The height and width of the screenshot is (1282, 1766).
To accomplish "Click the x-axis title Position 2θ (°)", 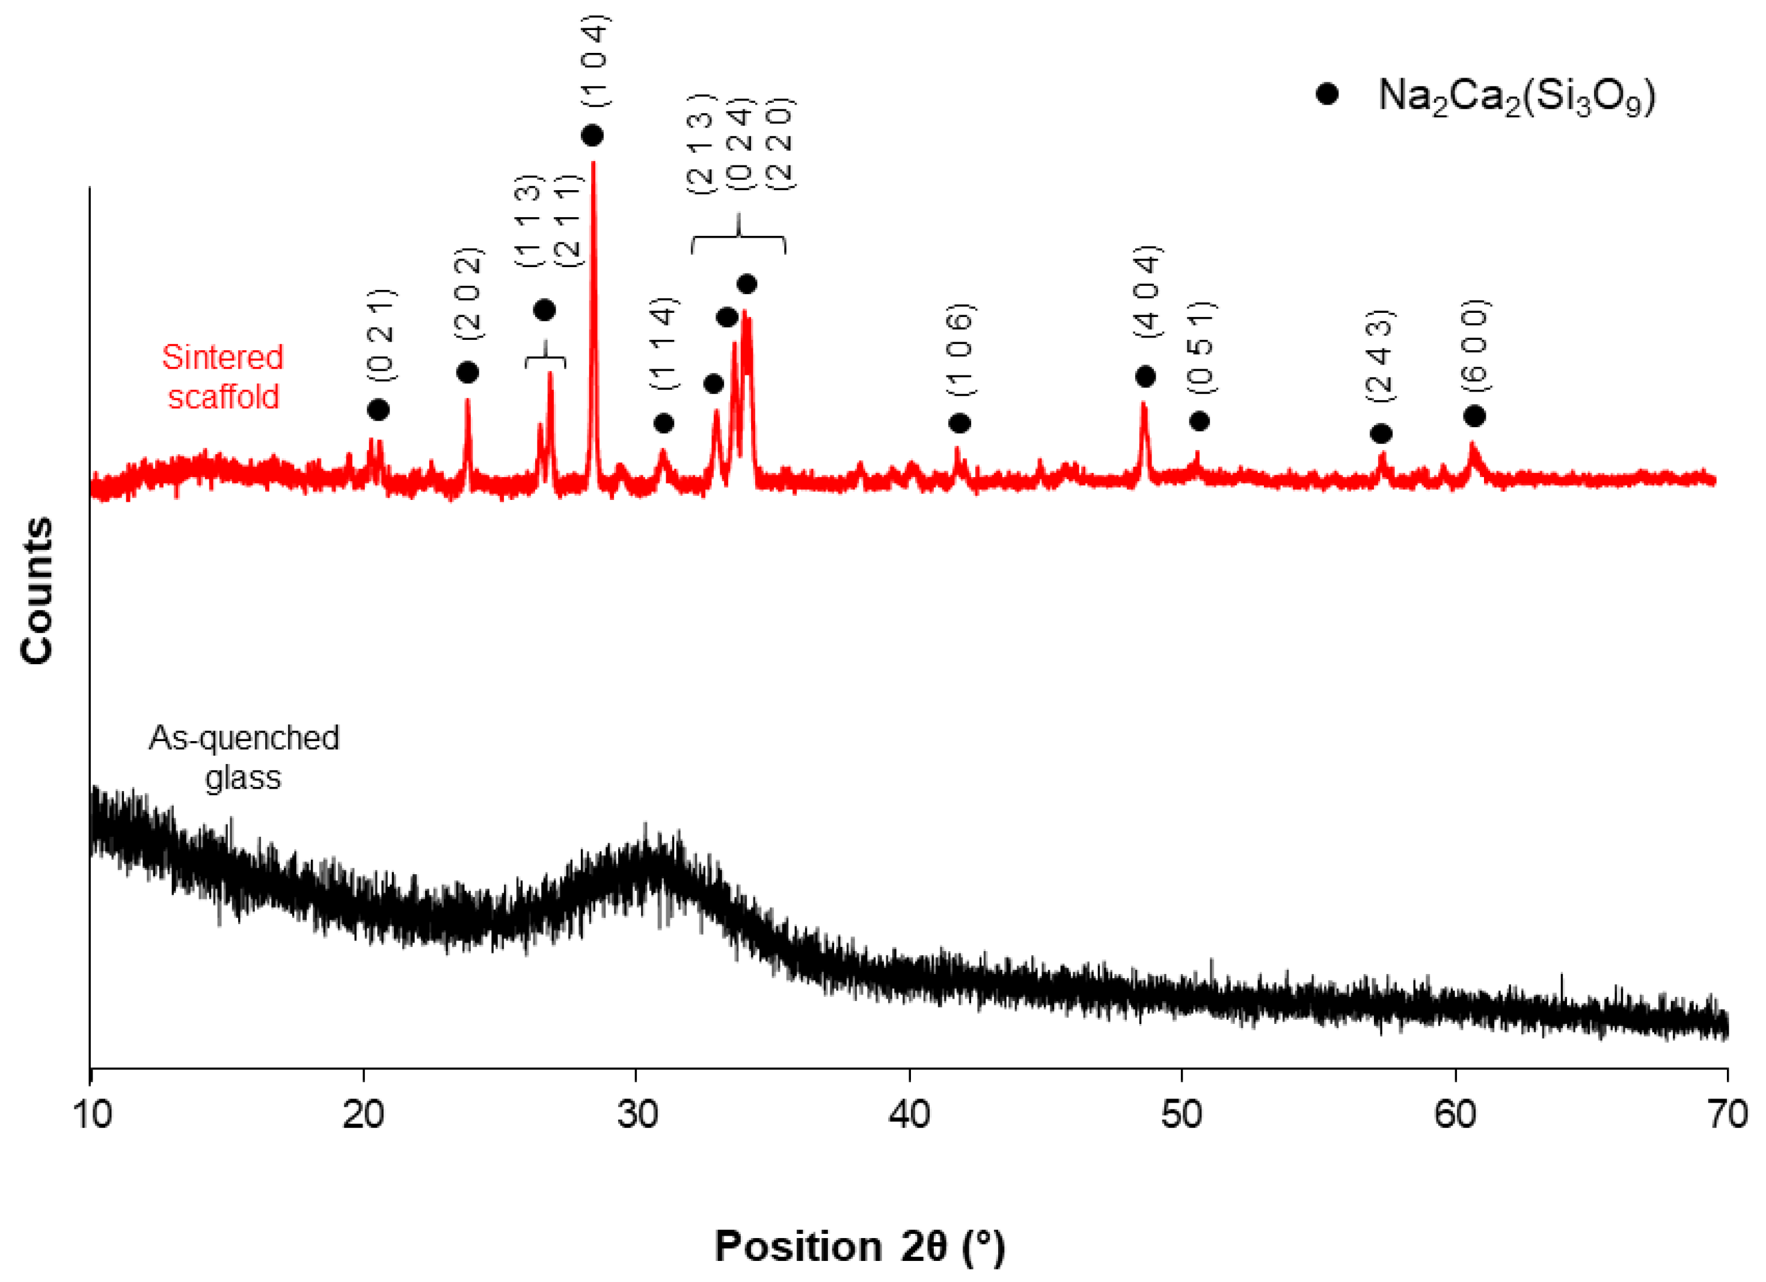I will (860, 1245).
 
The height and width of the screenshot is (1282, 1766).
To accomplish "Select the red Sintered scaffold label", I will (222, 377).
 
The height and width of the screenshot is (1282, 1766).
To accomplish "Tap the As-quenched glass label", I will (244, 757).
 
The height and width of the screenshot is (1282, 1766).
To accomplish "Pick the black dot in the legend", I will (1327, 94).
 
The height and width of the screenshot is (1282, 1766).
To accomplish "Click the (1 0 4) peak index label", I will (596, 60).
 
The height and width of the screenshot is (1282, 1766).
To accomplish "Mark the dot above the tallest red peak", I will (592, 135).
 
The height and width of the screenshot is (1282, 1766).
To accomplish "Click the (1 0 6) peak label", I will (960, 351).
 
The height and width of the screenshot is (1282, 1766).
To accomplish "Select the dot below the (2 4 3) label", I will (1381, 433).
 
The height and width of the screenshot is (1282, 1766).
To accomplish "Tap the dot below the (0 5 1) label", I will (1199, 421).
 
